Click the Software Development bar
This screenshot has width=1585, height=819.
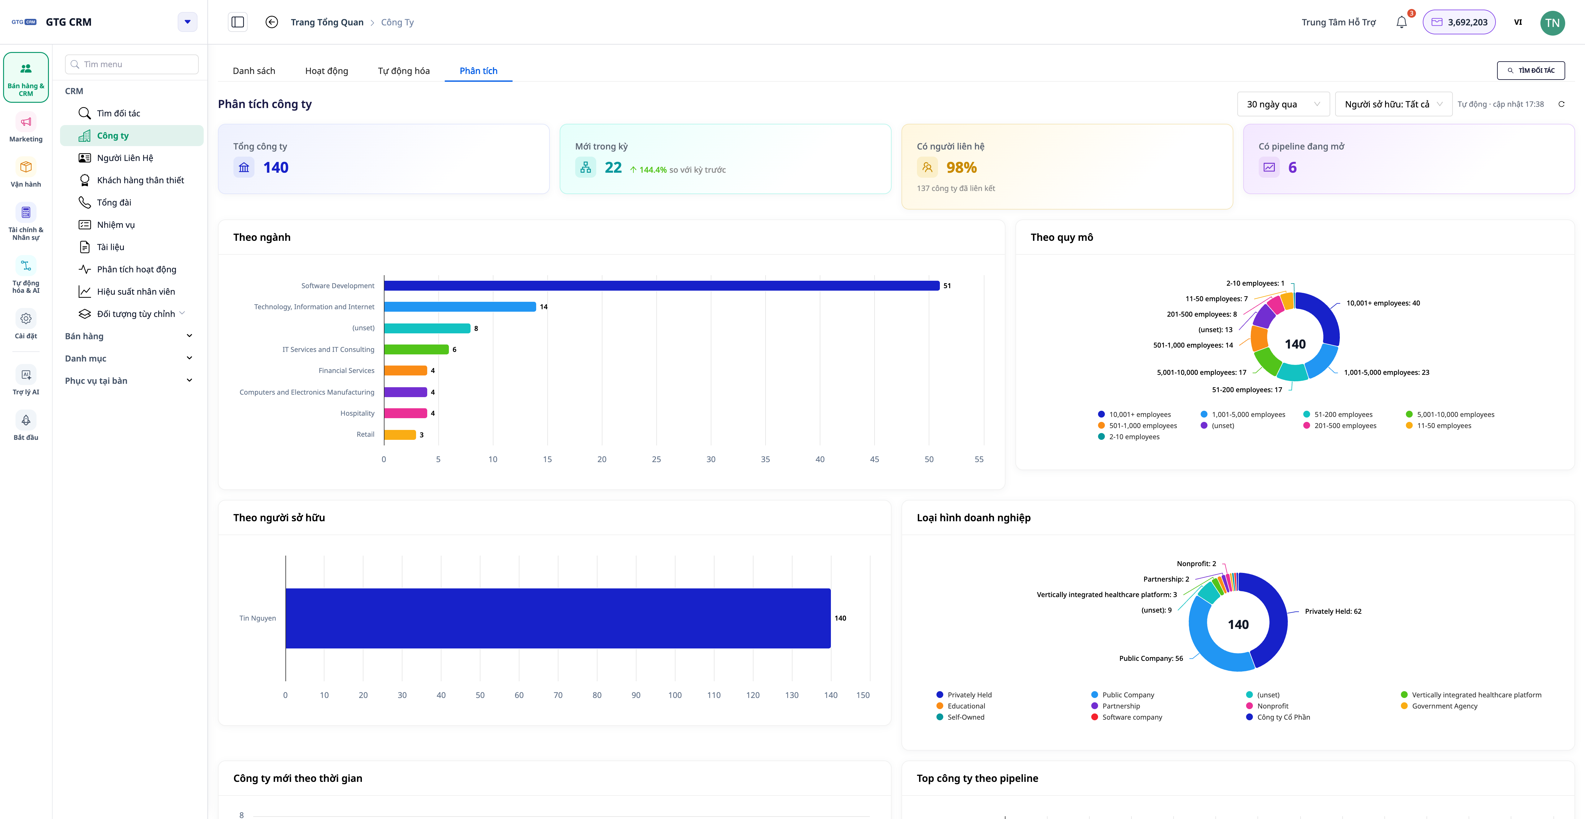(x=662, y=285)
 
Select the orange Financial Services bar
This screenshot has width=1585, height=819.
(x=406, y=370)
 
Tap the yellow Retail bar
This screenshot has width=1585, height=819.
(x=400, y=435)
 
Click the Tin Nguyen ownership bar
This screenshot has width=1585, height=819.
(x=558, y=618)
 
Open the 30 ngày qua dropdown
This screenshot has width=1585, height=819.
(x=1283, y=104)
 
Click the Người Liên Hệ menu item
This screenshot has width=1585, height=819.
(x=125, y=158)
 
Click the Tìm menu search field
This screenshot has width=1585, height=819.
(x=132, y=64)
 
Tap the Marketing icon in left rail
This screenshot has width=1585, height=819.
(x=26, y=122)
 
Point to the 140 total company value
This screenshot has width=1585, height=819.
(x=276, y=167)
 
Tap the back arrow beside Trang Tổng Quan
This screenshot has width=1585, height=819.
(x=271, y=22)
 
